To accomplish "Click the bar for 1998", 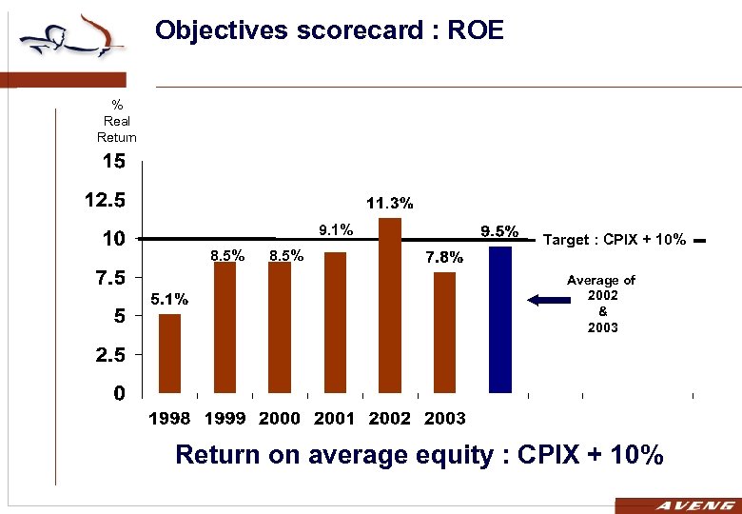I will pos(169,353).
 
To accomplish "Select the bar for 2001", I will pos(335,322).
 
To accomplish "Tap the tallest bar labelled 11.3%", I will pos(390,305).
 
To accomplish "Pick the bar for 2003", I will pos(444,332).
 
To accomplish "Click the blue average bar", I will pos(499,319).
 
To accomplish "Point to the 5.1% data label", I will pos(168,299).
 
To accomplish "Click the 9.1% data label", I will pos(335,228).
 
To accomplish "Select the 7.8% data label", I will pos(444,256).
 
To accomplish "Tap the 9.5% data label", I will pos(499,230).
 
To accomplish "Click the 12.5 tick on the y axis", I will pos(105,201).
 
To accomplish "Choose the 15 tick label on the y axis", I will pos(113,162).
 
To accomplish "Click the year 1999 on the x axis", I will pos(225,418).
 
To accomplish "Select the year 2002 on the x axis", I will pos(390,418).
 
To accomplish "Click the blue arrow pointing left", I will pos(545,300).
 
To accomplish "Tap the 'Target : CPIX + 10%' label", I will pos(614,240).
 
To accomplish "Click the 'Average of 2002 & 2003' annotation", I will pos(601,304).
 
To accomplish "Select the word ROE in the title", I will pos(473,31).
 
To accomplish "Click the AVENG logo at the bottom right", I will pos(677,505).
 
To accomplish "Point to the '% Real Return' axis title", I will pos(117,121).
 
